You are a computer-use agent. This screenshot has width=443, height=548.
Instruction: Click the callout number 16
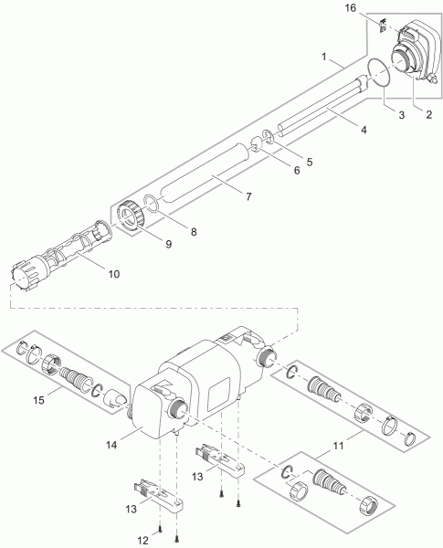point(351,7)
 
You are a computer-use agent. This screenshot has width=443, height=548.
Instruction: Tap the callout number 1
point(324,57)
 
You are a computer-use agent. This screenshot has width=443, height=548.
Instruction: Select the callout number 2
point(428,114)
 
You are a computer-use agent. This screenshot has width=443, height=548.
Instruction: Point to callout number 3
point(401,114)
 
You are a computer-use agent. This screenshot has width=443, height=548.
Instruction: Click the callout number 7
point(248,196)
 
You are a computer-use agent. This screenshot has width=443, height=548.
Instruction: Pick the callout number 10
point(113,274)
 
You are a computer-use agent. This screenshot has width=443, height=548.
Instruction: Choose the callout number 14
point(112,445)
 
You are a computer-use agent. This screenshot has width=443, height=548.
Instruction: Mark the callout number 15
point(39,400)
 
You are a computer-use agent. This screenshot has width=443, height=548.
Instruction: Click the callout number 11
point(338,446)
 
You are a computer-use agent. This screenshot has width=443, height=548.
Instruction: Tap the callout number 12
point(142,541)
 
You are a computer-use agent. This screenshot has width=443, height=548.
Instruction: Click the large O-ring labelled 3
point(379,72)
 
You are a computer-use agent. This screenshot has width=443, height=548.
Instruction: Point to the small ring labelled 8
point(152,204)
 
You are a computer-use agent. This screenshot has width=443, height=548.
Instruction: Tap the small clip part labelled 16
point(383,26)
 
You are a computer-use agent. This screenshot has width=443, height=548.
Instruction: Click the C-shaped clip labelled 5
point(269,136)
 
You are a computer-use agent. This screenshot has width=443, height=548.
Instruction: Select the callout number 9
point(169,244)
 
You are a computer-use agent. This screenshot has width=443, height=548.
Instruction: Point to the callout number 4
point(364,130)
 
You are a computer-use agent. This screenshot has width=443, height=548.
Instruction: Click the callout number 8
point(194,232)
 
